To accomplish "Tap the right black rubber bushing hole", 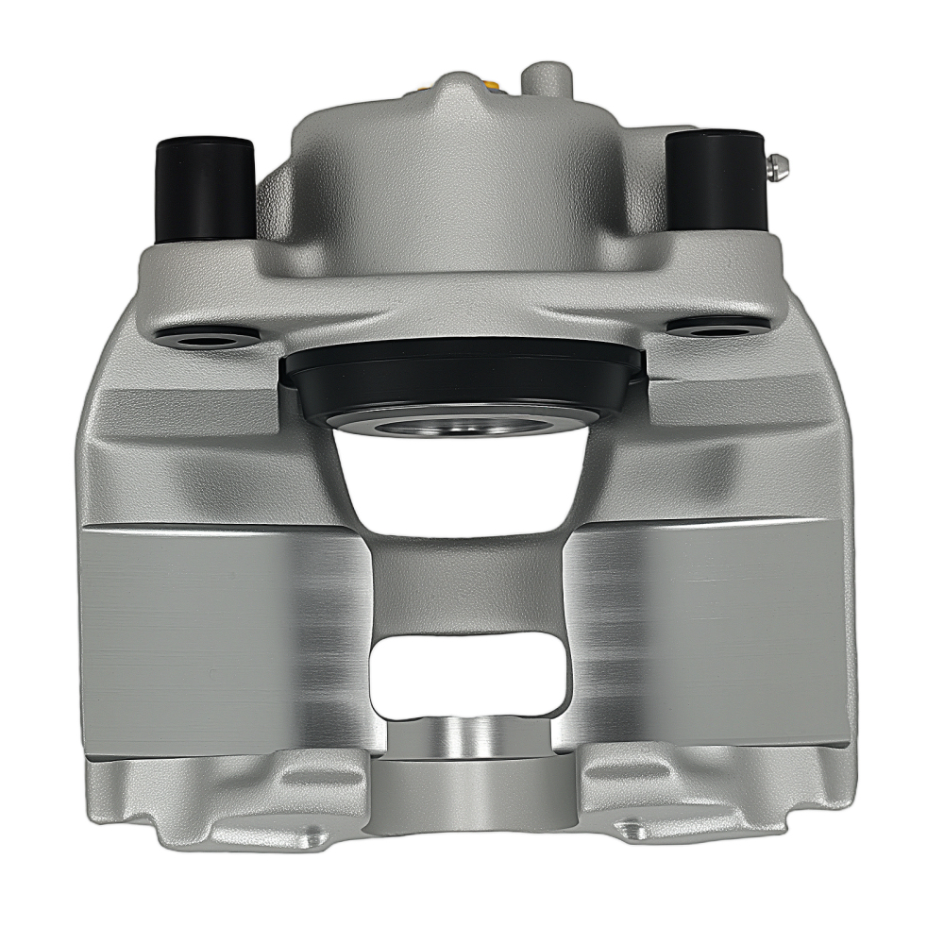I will [x=717, y=326].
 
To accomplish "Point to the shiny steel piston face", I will [x=460, y=426].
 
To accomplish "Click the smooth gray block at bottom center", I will [x=469, y=798].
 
